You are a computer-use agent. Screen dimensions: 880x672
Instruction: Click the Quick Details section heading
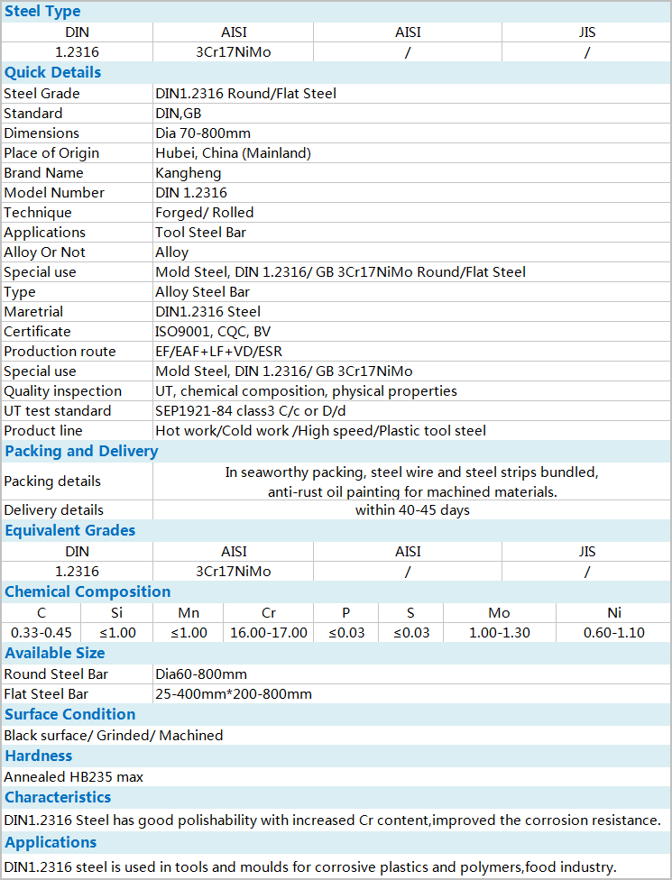click(52, 72)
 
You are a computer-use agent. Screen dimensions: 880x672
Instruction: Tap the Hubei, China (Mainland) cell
click(233, 152)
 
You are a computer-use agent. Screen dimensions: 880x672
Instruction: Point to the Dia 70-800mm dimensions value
click(203, 133)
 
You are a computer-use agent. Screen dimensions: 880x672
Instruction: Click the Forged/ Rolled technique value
click(205, 212)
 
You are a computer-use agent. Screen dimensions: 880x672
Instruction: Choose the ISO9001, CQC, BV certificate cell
click(213, 331)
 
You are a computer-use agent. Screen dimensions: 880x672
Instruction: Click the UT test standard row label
click(58, 410)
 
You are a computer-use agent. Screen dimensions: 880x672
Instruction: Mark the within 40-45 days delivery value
click(412, 509)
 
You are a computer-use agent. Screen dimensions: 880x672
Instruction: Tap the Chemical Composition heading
click(87, 591)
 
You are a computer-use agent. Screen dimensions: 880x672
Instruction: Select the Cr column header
click(269, 612)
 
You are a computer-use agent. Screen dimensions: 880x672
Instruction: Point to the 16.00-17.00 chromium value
click(269, 632)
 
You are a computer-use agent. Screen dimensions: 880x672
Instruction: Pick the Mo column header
click(499, 612)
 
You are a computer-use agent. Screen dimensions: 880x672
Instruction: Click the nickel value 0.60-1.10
click(614, 632)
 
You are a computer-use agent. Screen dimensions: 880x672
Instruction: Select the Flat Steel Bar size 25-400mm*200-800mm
click(234, 693)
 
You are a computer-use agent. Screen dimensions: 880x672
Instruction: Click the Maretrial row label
click(33, 311)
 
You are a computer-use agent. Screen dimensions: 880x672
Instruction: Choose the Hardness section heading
click(38, 756)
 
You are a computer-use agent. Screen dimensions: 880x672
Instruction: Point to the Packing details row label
click(52, 481)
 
